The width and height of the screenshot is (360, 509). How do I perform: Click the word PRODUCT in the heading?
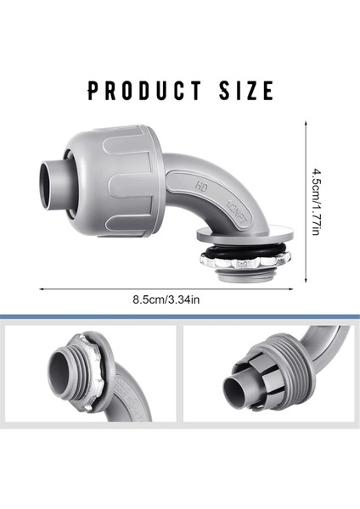(x=144, y=91)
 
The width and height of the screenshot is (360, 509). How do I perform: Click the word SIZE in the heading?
(x=246, y=91)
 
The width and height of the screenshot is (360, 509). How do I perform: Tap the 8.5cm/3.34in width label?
(x=166, y=299)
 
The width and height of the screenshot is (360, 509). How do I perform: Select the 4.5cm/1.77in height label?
(x=316, y=202)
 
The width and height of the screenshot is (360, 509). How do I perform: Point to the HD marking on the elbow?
(x=201, y=187)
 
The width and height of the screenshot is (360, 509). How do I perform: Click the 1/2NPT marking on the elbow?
(x=237, y=213)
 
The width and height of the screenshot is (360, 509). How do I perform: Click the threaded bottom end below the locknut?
(x=244, y=277)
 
